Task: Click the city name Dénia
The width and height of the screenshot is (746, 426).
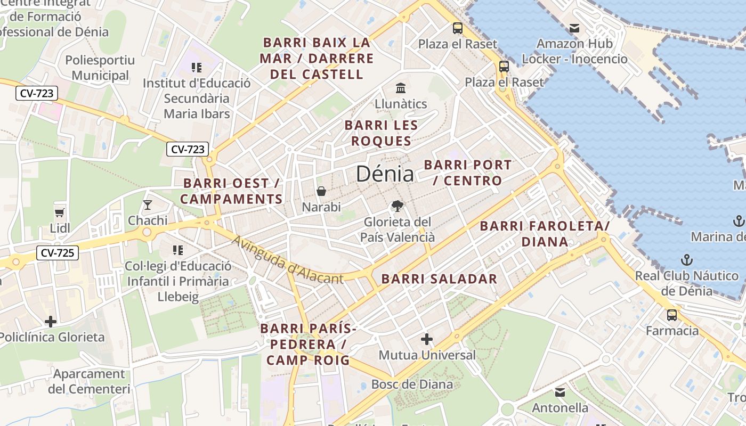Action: coord(384,174)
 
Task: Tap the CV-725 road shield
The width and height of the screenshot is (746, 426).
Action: coord(57,252)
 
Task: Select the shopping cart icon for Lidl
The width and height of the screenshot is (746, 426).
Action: coord(60,212)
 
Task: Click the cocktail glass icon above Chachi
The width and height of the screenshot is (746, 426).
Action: coord(148,204)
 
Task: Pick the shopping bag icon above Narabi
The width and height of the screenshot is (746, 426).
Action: coord(321,191)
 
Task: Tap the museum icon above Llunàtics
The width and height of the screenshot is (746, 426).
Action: coord(401,88)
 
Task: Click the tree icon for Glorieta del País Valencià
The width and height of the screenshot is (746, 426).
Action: coord(397,206)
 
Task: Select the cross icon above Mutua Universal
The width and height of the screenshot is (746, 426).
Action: coord(427,339)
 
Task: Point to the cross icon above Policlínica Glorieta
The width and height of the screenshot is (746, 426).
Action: coord(51,322)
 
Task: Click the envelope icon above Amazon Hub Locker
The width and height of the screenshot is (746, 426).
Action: coord(574,28)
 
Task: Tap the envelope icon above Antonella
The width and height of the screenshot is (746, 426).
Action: coord(560,392)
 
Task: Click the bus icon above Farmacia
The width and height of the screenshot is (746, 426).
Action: coord(672,315)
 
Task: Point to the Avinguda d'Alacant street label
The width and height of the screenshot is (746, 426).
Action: coord(287,260)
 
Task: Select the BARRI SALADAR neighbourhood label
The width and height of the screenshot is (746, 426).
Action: coord(439,278)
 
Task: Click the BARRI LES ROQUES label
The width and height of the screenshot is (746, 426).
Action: coord(381,133)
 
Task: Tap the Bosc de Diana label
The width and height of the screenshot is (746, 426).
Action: coord(412,384)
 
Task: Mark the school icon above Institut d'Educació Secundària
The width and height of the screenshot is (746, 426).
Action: coord(197,68)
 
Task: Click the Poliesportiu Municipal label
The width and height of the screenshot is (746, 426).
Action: coord(100,68)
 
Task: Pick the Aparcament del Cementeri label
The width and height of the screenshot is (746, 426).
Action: coord(89,381)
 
